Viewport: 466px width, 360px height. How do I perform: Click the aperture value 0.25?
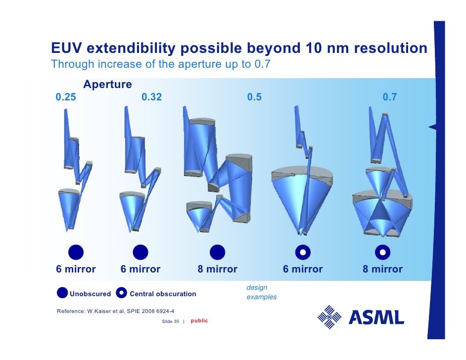[x=66, y=97]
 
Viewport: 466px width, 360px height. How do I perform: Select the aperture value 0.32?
[x=151, y=97]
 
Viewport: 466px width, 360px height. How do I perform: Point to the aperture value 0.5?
[x=254, y=97]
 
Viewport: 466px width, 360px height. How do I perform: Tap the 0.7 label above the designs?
[x=389, y=97]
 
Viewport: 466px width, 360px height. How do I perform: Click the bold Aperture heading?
[x=107, y=85]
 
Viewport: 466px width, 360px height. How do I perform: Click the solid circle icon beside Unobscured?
[x=62, y=293]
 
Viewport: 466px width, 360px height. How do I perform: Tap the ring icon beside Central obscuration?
[x=122, y=293]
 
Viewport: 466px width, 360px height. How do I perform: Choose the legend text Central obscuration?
[x=163, y=294]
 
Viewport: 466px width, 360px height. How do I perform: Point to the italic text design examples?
[x=261, y=292]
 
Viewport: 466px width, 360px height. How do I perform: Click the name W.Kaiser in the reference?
[x=101, y=311]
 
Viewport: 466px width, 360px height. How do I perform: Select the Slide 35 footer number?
[x=170, y=321]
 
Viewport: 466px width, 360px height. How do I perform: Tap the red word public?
[x=199, y=321]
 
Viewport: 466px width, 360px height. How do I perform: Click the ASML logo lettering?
[x=376, y=317]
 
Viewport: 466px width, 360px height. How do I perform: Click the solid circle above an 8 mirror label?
[x=217, y=252]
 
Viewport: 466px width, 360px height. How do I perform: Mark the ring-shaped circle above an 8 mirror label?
[x=382, y=252]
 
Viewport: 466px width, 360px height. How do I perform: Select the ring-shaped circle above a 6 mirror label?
[x=302, y=252]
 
